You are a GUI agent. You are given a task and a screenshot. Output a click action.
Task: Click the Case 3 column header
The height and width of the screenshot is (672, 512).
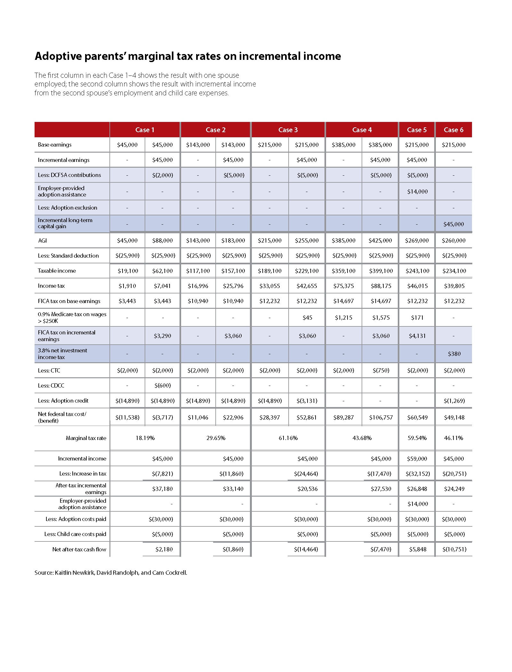click(x=288, y=130)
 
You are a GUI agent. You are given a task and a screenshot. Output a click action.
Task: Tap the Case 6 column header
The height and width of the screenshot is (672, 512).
click(x=453, y=130)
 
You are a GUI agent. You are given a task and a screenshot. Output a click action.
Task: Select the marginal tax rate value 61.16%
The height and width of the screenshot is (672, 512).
click(x=288, y=438)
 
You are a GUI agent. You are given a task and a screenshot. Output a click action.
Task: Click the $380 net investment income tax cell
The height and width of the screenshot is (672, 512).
click(x=454, y=354)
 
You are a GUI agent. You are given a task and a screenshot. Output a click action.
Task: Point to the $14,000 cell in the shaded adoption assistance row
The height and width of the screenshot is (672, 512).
click(x=417, y=191)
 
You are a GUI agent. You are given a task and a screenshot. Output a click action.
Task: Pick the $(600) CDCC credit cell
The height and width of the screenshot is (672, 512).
click(x=163, y=385)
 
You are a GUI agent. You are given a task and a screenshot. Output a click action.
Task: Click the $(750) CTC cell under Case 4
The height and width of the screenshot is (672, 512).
click(x=381, y=370)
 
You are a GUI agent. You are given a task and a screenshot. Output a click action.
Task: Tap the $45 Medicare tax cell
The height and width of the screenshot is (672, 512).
click(x=307, y=317)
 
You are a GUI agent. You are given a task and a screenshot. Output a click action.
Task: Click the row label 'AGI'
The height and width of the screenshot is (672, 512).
click(x=42, y=240)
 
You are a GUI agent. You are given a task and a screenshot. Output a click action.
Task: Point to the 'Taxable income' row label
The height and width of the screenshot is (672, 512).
click(x=57, y=271)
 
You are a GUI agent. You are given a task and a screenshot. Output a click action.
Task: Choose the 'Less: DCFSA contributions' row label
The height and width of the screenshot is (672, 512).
click(x=69, y=175)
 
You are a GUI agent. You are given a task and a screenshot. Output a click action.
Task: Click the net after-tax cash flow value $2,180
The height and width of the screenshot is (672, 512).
click(x=164, y=549)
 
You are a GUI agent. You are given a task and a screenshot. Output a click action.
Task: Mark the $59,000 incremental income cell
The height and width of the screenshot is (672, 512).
click(x=417, y=459)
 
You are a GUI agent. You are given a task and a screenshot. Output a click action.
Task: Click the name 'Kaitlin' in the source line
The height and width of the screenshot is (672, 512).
click(x=63, y=572)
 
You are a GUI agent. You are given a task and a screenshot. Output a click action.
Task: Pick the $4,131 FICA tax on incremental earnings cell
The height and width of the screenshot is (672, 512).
click(x=417, y=336)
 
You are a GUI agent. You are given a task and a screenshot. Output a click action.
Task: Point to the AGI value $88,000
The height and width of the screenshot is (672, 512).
click(x=163, y=240)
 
